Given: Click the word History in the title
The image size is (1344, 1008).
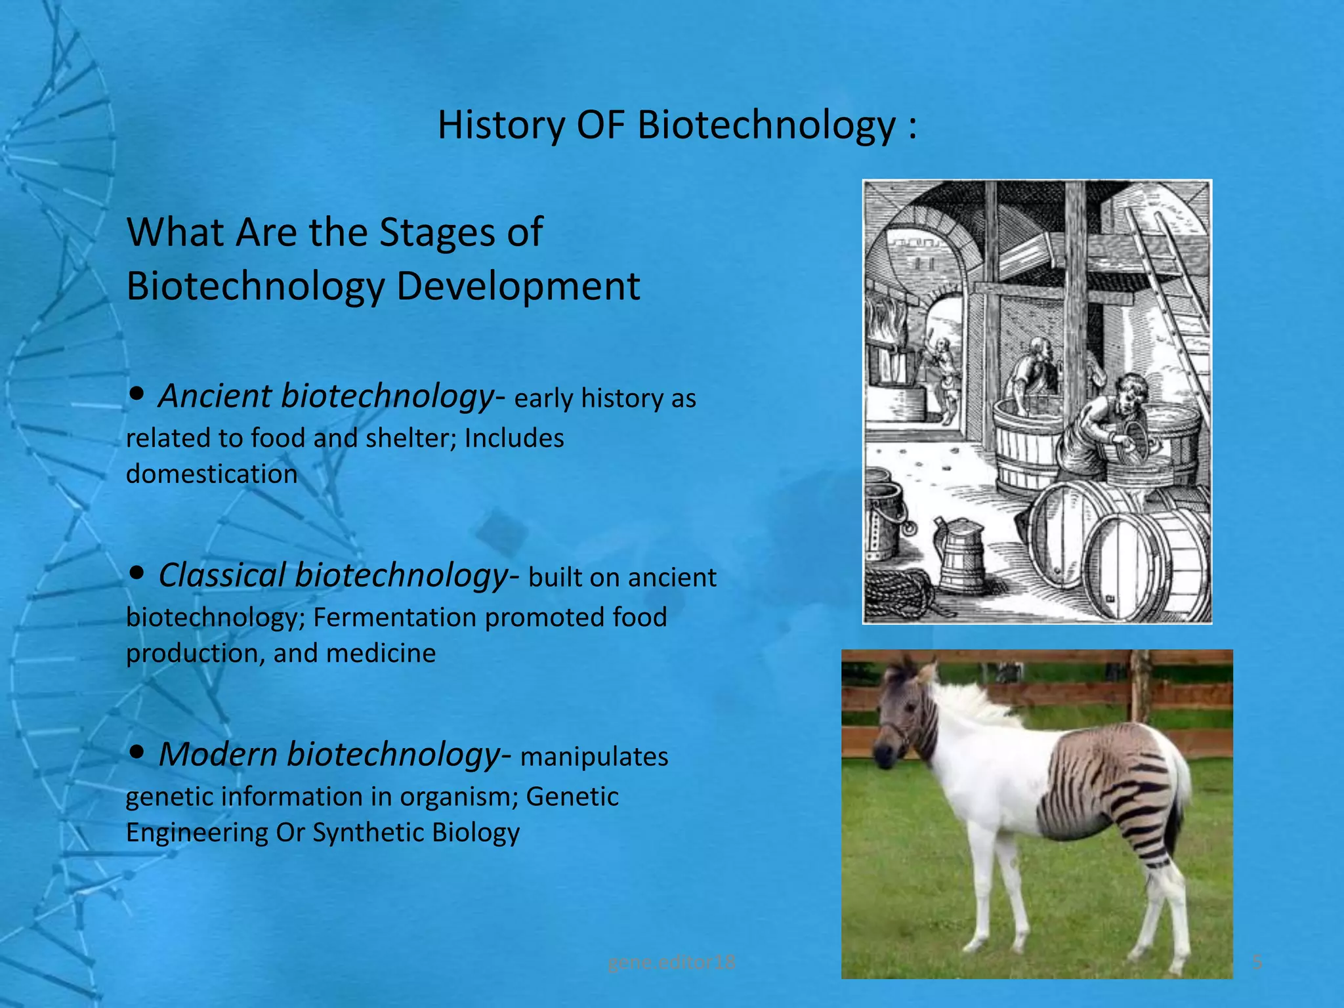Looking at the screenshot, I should coord(500,125).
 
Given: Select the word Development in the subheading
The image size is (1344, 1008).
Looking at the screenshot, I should coord(518,286).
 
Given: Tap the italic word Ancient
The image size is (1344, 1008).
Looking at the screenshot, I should coord(214,396).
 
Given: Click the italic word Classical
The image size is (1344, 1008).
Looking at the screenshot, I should coord(222,576).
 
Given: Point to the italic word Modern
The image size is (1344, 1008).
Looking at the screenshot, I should coord(217,754).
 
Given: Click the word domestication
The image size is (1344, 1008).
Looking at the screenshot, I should coord(211,474).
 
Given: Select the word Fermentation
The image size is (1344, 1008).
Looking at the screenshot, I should coord(394,618).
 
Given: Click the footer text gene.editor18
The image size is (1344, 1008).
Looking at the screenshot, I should coord(671,962).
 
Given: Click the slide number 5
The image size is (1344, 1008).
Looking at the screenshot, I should coord(1257,962).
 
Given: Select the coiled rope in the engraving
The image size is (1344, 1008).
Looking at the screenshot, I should coord(899,591).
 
